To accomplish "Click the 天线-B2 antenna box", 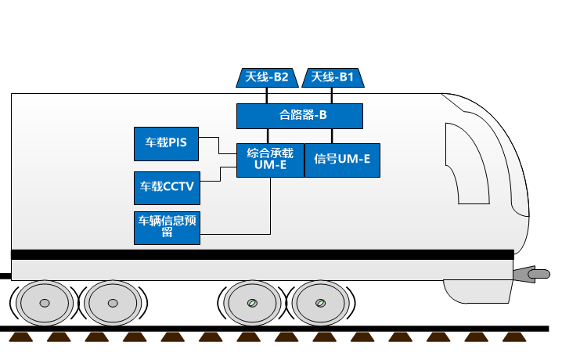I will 267,77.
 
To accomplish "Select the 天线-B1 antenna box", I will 333,77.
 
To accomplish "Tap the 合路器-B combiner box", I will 300,116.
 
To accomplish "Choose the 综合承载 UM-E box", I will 270,160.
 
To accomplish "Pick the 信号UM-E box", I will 341,160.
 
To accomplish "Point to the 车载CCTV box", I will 166,186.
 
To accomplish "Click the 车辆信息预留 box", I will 166,226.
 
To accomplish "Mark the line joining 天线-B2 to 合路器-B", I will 267,95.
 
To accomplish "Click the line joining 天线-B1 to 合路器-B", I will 333,95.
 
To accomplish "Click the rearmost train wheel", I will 45,303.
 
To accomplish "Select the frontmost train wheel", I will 319,303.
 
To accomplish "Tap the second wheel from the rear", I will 113,303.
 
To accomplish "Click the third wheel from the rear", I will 251,303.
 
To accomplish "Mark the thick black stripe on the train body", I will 262,254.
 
